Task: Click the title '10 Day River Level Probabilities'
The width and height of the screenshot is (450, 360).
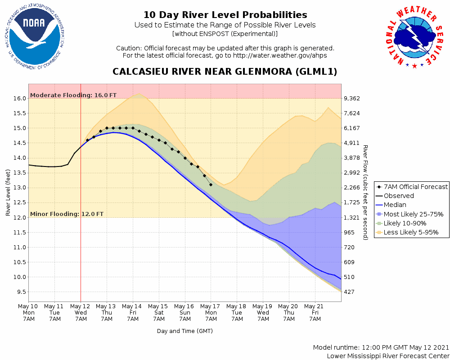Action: pyautogui.click(x=225, y=15)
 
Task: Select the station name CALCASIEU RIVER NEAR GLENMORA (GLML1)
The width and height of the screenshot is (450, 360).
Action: pyautogui.click(x=225, y=72)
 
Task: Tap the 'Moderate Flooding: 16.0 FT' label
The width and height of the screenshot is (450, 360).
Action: pyautogui.click(x=73, y=95)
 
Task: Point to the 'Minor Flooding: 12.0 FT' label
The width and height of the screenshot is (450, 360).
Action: pyautogui.click(x=67, y=214)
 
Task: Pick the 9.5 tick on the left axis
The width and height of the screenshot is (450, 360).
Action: pyautogui.click(x=20, y=292)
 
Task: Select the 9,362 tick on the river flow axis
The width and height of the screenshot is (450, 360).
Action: pyautogui.click(x=352, y=99)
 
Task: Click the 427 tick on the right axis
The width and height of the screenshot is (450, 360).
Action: pyautogui.click(x=349, y=292)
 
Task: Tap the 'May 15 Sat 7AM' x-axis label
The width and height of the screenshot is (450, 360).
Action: pyautogui.click(x=159, y=312)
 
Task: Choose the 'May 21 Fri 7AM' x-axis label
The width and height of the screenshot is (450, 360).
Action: pyautogui.click(x=315, y=312)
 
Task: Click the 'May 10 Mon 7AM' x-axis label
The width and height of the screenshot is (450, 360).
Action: pyautogui.click(x=28, y=312)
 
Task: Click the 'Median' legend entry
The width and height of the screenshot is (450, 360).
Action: pyautogui.click(x=395, y=205)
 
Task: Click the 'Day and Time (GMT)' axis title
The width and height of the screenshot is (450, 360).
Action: pyautogui.click(x=184, y=331)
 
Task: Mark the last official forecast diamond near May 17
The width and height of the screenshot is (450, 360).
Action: pyautogui.click(x=211, y=184)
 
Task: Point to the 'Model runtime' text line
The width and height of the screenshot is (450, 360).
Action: pyautogui.click(x=381, y=348)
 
